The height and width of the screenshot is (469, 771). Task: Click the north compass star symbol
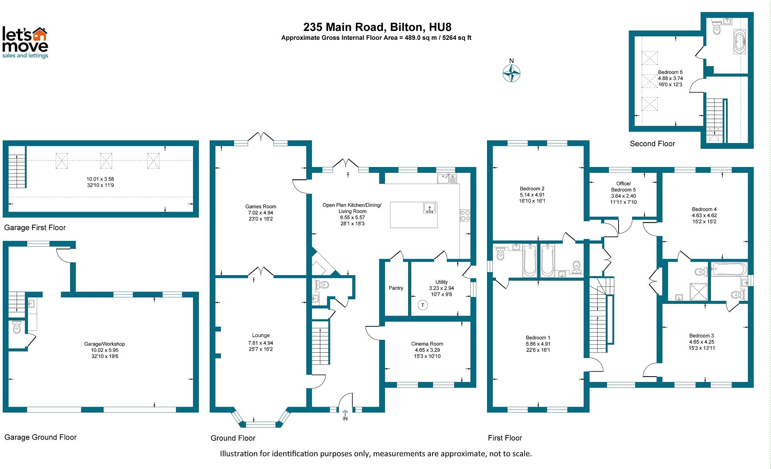[511, 73]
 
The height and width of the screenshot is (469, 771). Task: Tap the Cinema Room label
[427, 344]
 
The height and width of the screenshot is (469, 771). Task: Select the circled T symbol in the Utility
[422, 305]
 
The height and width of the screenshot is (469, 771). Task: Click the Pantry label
[396, 288]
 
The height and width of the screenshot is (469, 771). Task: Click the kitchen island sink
[429, 208]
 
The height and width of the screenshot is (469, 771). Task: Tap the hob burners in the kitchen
[465, 215]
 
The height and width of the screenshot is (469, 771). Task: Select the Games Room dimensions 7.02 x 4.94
[260, 213]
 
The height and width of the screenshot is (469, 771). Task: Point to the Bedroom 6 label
[670, 72]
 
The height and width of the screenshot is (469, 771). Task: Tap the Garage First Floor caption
[35, 228]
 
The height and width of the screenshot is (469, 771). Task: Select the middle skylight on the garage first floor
[106, 160]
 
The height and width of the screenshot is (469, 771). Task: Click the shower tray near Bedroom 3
[699, 292]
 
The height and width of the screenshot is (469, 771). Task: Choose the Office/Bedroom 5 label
[623, 187]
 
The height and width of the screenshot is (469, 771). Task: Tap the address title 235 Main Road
[377, 27]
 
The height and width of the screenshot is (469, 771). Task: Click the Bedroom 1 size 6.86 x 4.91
[538, 344]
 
